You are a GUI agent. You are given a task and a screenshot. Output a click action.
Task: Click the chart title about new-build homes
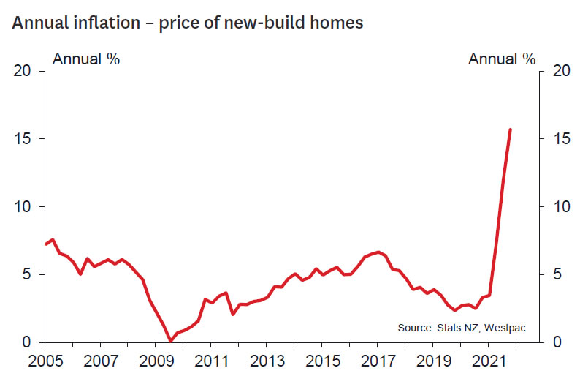[x=187, y=23]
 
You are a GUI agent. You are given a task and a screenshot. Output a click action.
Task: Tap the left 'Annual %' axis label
[x=85, y=59]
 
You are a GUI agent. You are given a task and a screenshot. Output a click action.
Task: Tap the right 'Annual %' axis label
[x=502, y=59]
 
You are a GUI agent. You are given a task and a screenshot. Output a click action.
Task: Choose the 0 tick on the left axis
[x=28, y=342]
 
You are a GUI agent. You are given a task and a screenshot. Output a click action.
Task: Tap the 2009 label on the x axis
[x=155, y=361]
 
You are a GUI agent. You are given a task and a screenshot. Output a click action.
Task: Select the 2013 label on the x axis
[x=265, y=361]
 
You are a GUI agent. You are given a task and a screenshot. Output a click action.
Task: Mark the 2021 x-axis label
[x=487, y=361]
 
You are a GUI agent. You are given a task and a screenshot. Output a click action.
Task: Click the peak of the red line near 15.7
[x=510, y=129]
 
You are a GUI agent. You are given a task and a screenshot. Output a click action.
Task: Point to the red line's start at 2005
[x=45, y=244]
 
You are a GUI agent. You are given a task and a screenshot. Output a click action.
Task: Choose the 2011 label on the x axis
[x=210, y=361]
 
